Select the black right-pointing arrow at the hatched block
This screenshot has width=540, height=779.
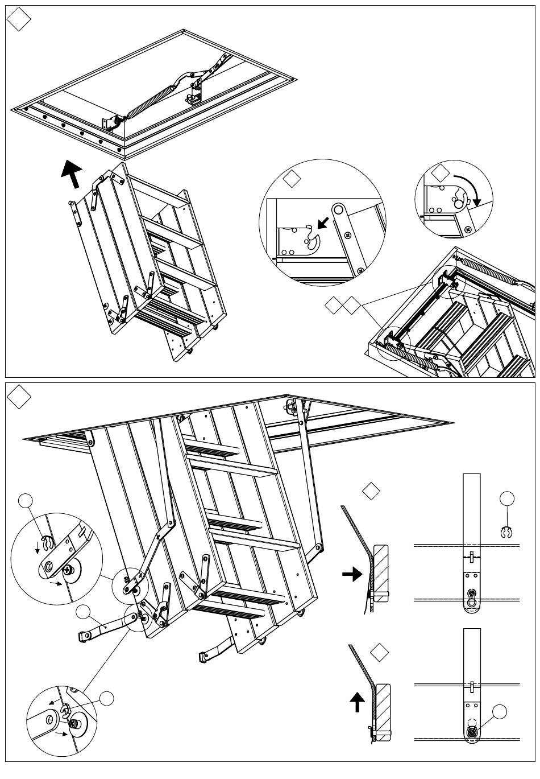click(352, 574)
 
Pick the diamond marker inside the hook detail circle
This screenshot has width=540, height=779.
click(292, 179)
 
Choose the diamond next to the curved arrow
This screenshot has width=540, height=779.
click(440, 173)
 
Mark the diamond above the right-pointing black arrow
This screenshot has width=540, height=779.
click(371, 491)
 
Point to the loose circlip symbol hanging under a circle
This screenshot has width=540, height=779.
click(507, 533)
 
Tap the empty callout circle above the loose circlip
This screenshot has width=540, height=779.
click(507, 499)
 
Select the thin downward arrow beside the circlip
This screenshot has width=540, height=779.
click(38, 547)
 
